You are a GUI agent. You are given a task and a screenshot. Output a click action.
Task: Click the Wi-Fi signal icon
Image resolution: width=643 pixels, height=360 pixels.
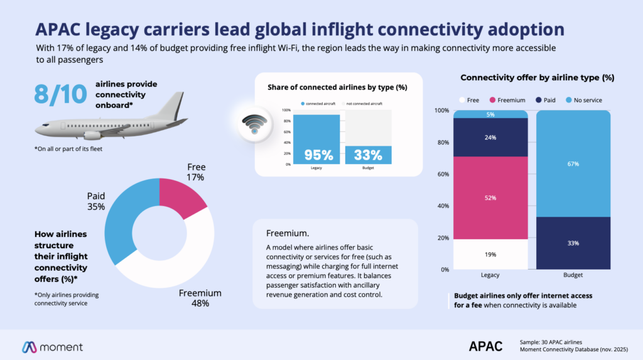click(253, 124)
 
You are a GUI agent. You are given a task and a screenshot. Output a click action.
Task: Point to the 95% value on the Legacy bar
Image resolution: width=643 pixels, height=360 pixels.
click(317, 155)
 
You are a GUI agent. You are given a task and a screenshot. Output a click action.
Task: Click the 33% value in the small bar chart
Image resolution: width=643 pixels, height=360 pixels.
click(368, 155)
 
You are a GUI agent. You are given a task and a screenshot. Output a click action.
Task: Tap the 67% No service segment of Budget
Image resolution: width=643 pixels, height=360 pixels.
click(573, 164)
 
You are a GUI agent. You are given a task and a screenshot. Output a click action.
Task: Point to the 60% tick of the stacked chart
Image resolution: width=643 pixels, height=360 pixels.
click(442, 174)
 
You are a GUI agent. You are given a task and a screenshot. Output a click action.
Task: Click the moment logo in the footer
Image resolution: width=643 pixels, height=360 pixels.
click(53, 346)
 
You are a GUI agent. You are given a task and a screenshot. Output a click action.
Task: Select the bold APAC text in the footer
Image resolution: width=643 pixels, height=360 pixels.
click(485, 346)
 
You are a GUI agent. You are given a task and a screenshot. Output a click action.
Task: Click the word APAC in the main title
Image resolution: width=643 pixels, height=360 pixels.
click(58, 29)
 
